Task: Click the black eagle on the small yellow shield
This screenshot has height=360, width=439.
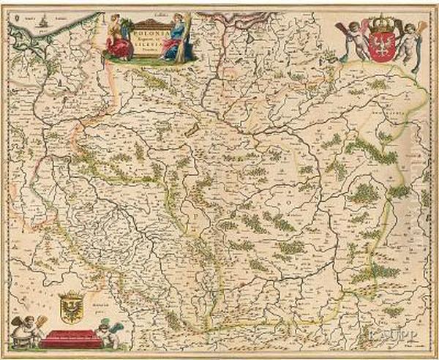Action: (72, 302)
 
